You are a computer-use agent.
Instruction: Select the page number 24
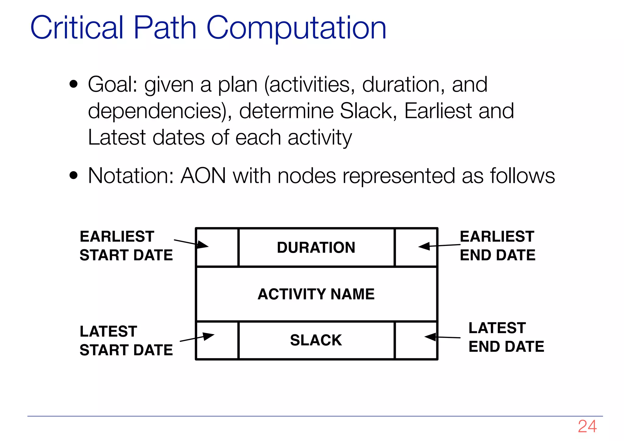(x=587, y=426)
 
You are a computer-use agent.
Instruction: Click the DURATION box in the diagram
(x=316, y=247)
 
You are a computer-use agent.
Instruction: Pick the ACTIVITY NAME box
(x=316, y=294)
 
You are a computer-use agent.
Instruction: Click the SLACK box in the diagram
(x=316, y=340)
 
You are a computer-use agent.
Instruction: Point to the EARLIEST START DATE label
(x=126, y=246)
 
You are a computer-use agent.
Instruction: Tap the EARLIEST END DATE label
(x=497, y=246)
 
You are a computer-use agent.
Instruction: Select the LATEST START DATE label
(x=126, y=340)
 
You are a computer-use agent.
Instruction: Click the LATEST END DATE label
(x=506, y=337)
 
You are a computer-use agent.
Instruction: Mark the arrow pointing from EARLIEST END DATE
(x=439, y=246)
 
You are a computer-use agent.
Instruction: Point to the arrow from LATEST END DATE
(x=442, y=337)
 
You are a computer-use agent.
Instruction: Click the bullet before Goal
(x=74, y=84)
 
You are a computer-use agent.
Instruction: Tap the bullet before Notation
(x=74, y=175)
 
